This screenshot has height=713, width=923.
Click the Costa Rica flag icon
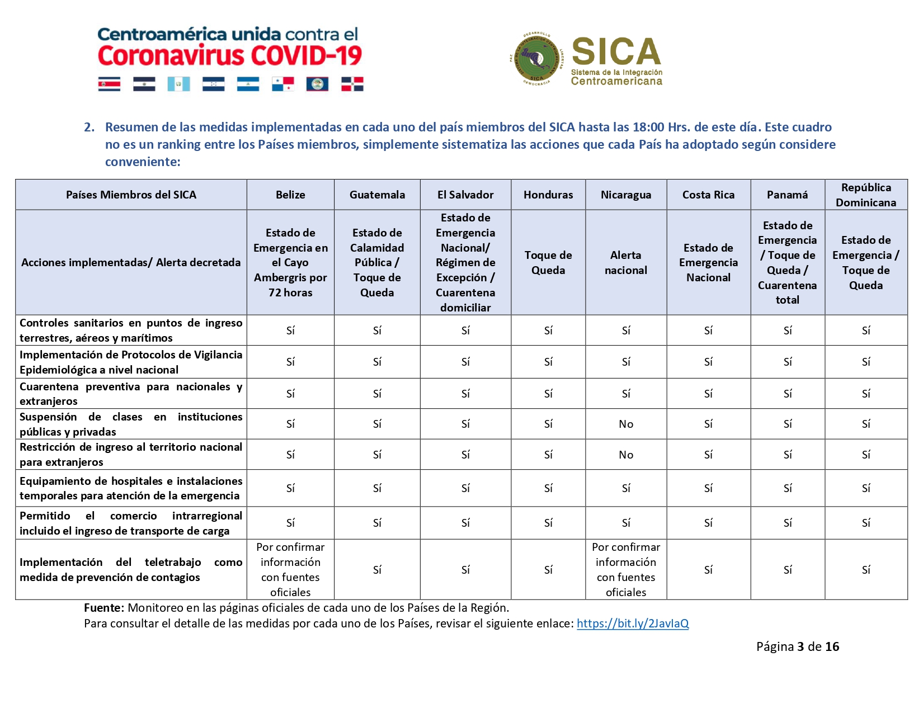pos(109,84)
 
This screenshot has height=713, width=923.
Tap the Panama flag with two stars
pos(282,84)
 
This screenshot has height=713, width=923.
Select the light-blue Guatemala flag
pos(178,84)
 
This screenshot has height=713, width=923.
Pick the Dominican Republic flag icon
pos(352,84)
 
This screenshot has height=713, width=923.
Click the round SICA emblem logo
pos(536,59)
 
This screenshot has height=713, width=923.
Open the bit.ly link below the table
pos(633,624)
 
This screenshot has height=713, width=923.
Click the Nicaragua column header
pos(626,195)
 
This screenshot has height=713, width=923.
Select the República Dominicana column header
pos(866,195)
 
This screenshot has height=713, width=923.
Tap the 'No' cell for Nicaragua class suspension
pos(626,424)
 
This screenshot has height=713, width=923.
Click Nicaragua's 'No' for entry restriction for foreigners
pos(626,455)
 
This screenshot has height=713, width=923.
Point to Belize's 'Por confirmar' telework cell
pos(290,569)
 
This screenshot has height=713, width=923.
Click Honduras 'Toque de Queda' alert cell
pos(548,262)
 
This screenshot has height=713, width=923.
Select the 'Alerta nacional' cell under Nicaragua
pos(626,262)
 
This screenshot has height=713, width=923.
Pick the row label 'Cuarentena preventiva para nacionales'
pos(131,393)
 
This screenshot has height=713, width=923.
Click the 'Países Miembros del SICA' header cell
pos(131,195)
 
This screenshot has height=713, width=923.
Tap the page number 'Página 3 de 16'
pos(797,646)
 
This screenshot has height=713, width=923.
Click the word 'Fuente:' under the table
pos(103,608)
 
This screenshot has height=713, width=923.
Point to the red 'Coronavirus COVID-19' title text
pos(229,56)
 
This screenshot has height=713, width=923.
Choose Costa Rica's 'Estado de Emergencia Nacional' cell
pos(708,262)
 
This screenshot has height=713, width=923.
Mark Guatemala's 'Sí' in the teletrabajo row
pos(377,569)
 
